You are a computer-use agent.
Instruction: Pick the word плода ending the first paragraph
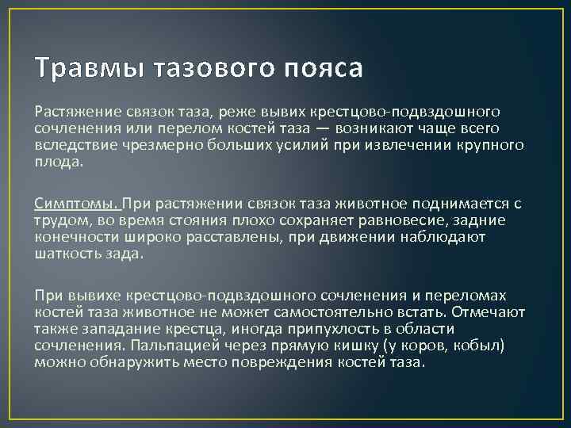[x=56, y=161]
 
